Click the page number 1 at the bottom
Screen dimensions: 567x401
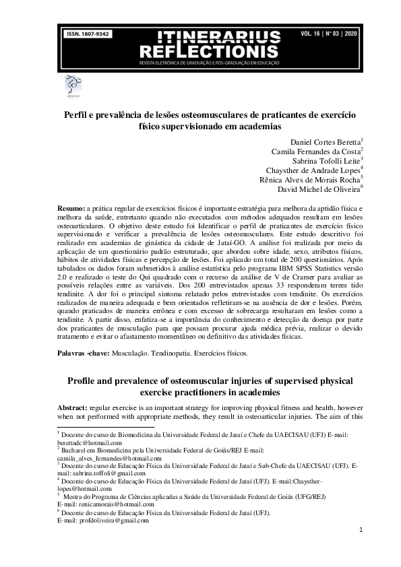pyautogui.click(x=361, y=531)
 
